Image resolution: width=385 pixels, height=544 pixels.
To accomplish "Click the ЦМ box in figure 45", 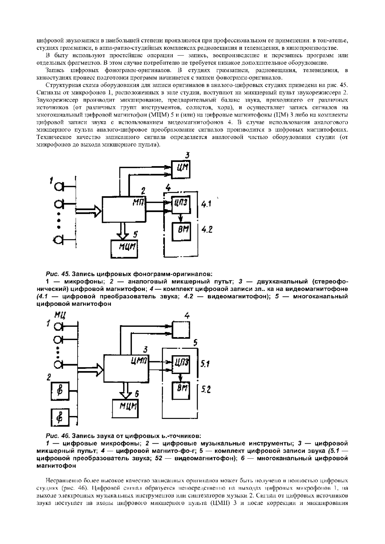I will click(x=181, y=168).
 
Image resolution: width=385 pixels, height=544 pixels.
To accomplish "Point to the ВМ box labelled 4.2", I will click(x=181, y=231).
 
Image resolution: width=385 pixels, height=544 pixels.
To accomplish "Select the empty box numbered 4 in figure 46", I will click(x=181, y=329).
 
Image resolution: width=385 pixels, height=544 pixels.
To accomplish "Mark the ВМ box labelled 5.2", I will click(x=181, y=391).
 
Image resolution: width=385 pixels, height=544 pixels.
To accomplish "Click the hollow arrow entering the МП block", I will click(x=88, y=211).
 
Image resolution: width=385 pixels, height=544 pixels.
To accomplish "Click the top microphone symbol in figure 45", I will click(x=60, y=186).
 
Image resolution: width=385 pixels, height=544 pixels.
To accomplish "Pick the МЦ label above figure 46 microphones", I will click(x=60, y=315).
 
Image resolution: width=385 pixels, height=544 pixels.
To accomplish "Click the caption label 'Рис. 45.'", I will click(x=58, y=274).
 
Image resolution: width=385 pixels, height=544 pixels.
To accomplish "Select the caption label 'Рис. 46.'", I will click(x=58, y=436).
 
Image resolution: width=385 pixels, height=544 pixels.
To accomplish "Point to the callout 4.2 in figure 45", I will click(x=207, y=230).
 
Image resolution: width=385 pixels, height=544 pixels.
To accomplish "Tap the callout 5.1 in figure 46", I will click(x=205, y=364).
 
